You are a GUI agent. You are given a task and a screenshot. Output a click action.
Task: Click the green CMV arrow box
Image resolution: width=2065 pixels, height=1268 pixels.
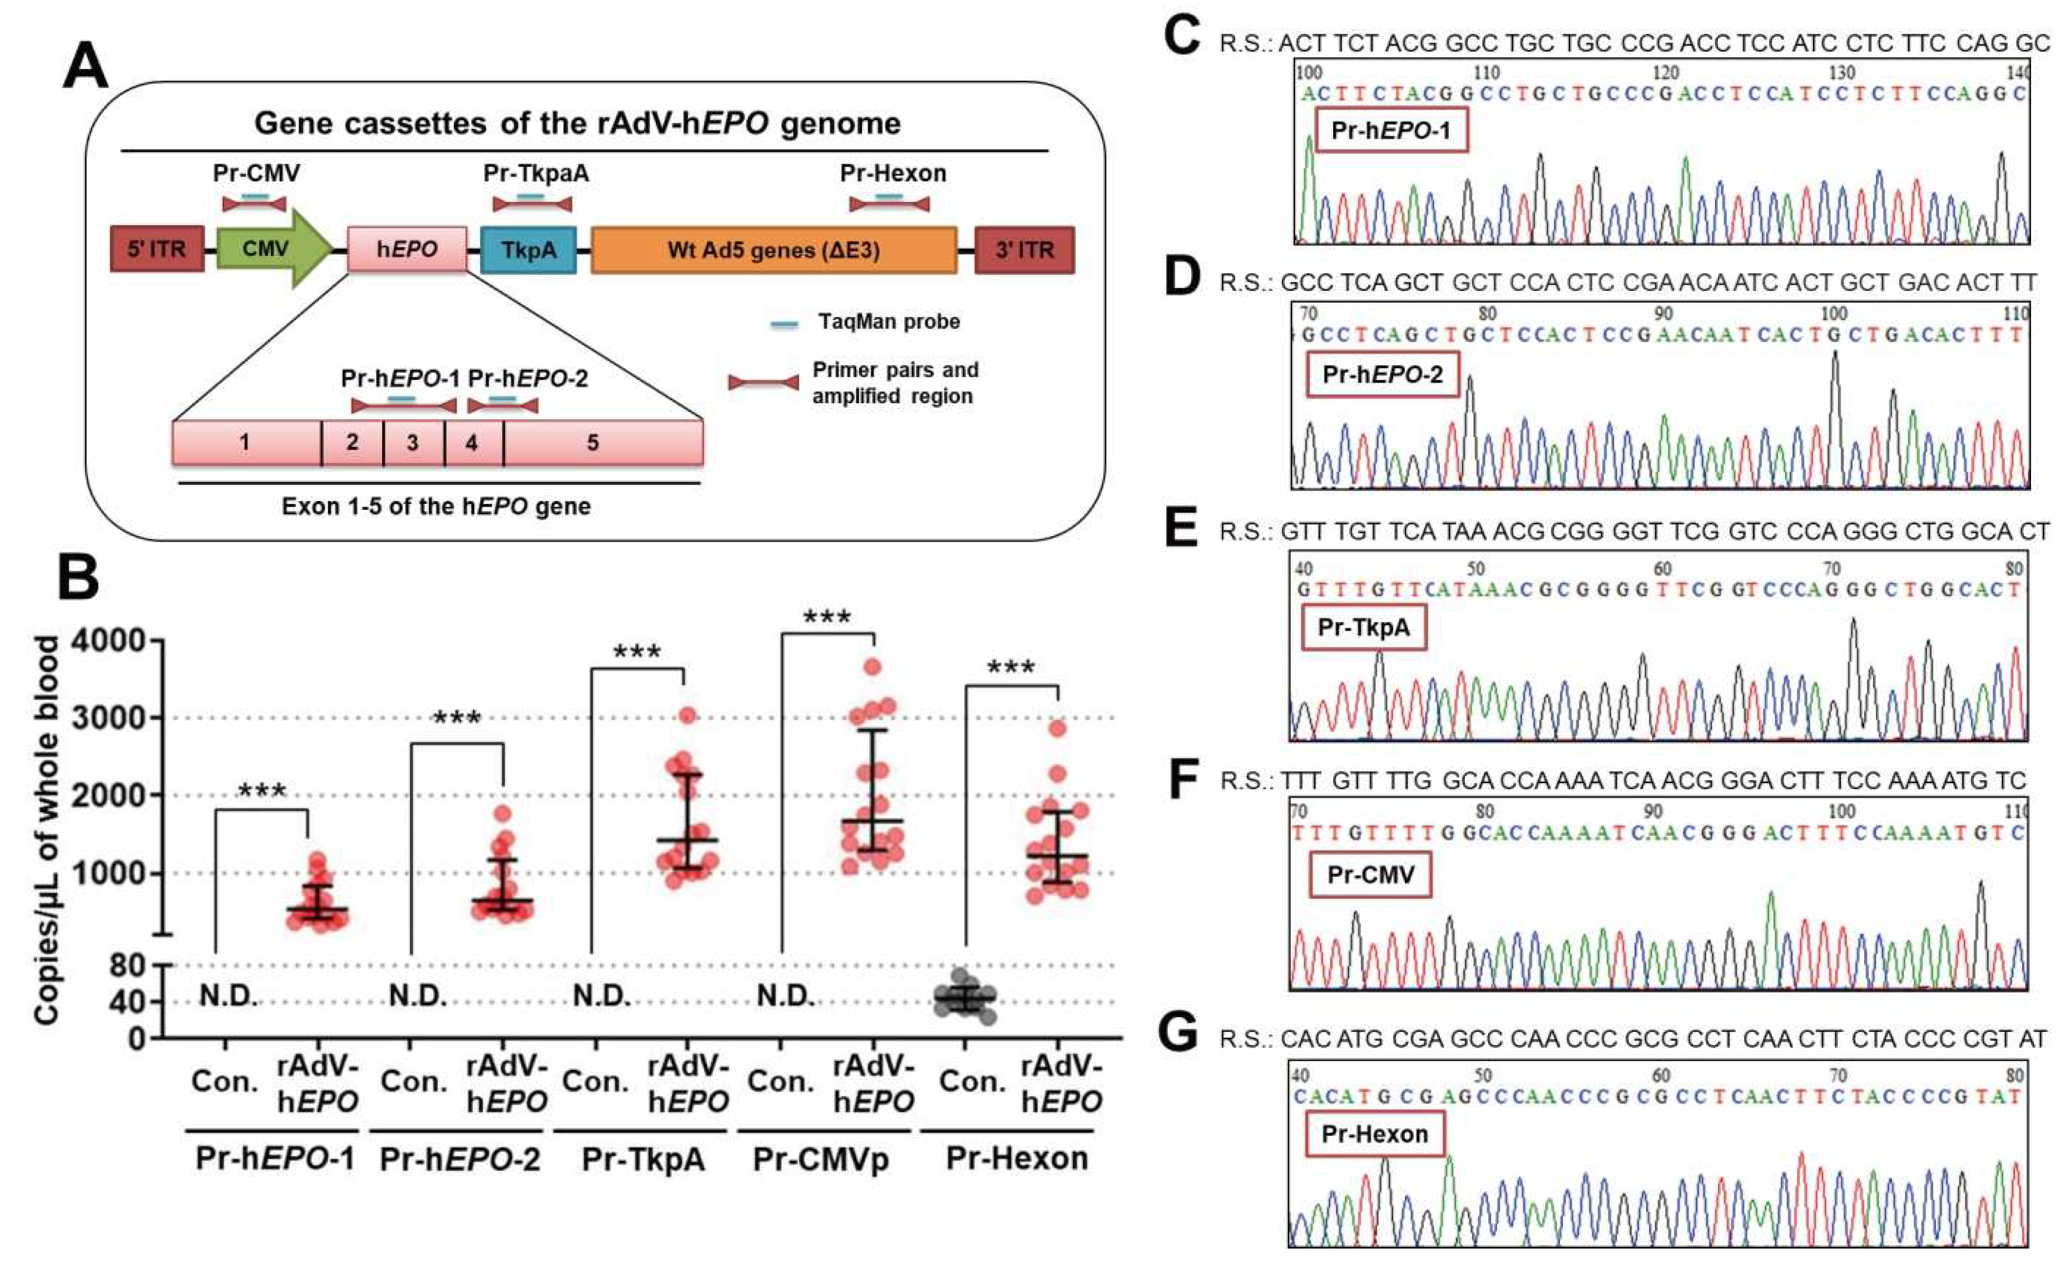tap(266, 249)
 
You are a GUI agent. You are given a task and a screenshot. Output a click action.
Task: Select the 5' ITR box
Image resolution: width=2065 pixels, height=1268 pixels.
tap(157, 249)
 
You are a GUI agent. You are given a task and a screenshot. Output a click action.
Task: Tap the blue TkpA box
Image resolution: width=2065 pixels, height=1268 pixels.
tap(528, 250)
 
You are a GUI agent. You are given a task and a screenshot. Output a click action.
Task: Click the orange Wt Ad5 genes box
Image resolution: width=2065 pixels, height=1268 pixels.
tap(773, 250)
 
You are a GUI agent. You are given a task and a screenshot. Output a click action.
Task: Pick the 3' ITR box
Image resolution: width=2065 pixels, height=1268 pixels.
tap(1024, 250)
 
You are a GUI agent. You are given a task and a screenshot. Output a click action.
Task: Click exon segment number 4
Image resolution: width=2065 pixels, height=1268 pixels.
tap(473, 443)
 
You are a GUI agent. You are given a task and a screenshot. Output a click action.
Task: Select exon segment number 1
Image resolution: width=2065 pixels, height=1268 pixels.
tap(245, 443)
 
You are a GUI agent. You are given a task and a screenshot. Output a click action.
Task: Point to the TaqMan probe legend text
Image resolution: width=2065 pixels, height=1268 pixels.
tap(889, 322)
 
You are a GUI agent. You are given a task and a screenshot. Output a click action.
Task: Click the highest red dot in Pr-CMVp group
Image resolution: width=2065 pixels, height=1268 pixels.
tap(873, 667)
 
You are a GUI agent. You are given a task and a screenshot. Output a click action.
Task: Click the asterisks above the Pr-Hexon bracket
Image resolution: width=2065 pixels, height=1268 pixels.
tap(1011, 668)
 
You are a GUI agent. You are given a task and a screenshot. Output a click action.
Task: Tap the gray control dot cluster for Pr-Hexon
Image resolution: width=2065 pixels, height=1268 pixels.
tap(965, 998)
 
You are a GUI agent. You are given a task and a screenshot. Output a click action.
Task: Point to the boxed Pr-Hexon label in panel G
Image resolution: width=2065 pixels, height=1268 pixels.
tap(1374, 1134)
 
